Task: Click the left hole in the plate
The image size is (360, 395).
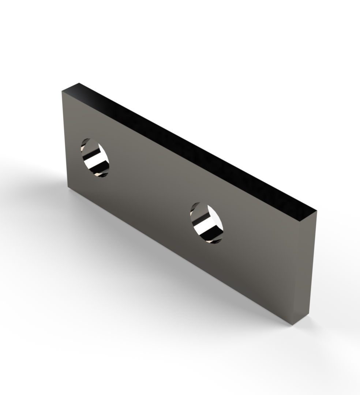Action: point(95,158)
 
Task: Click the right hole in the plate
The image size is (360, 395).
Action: point(206,223)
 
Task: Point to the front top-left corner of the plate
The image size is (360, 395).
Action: point(62,91)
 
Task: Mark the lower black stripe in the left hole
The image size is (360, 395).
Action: point(99,169)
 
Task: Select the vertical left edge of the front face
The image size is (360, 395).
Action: point(65,139)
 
